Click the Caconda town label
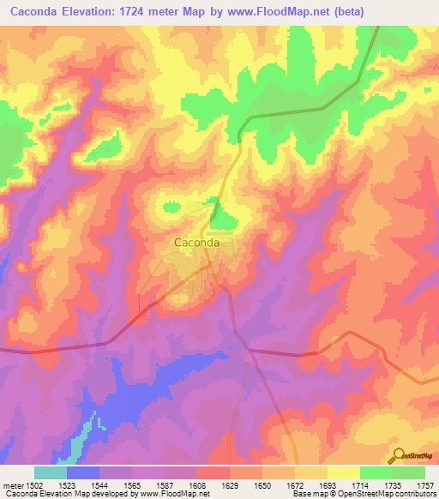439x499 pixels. (x=197, y=243)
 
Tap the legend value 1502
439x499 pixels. (x=31, y=484)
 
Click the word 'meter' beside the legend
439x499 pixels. (x=10, y=484)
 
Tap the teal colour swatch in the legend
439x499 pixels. (x=51, y=472)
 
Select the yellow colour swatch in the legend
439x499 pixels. (x=343, y=472)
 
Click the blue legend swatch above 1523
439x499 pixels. (x=83, y=472)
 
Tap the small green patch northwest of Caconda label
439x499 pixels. (x=170, y=206)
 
